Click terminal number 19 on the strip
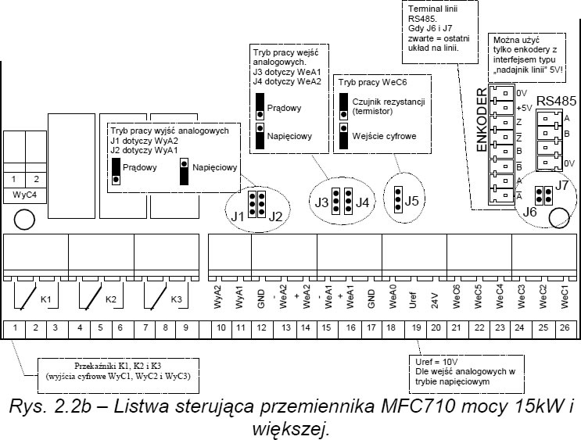[417, 327]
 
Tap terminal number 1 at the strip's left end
[15, 327]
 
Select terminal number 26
[565, 327]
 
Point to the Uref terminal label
[414, 300]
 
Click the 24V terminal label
[435, 301]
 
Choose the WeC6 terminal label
[457, 297]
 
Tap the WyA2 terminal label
[218, 297]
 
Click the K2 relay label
[111, 299]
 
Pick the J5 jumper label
[411, 200]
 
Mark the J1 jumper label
[238, 216]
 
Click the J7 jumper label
[561, 184]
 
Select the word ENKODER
[482, 120]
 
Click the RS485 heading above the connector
[557, 101]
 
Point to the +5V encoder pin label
[525, 108]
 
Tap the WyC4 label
[25, 195]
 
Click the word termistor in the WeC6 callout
[372, 111]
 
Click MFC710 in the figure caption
[418, 406]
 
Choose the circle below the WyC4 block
[24, 220]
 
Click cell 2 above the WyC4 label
[36, 179]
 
